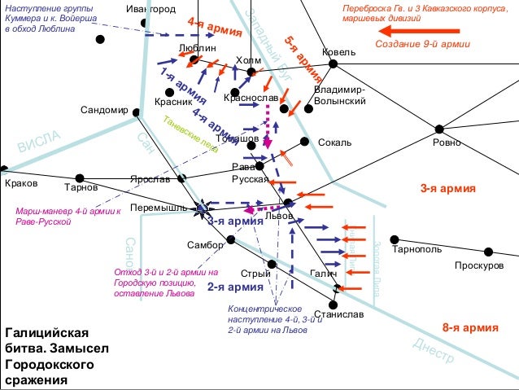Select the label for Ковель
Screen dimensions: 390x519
pos(338,52)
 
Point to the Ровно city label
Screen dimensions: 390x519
pos(447,142)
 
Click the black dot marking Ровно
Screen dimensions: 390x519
pos(438,129)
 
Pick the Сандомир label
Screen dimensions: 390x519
pos(105,110)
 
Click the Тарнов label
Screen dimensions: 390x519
pos(81,187)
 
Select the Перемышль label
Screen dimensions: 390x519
pos(159,208)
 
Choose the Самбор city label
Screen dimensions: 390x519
pos(204,244)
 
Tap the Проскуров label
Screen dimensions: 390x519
pos(479,266)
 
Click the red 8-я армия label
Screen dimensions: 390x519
pos(470,328)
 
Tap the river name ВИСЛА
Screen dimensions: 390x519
pos(39,144)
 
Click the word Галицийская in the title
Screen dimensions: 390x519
pos(46,334)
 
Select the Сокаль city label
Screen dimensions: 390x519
pos(334,143)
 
